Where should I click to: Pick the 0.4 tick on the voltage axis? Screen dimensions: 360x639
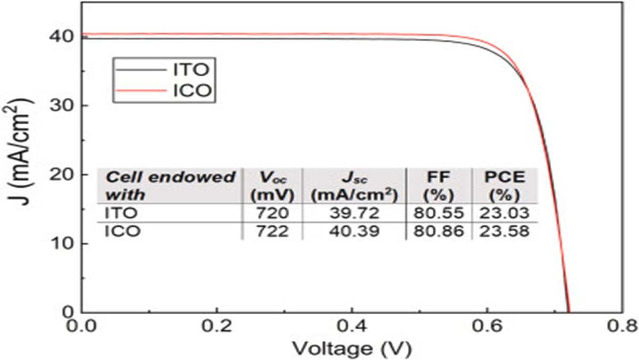click(x=352, y=325)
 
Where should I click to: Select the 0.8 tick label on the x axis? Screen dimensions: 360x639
click(x=621, y=325)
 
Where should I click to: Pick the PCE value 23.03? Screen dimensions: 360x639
click(x=505, y=213)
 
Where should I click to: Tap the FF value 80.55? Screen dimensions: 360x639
click(x=439, y=213)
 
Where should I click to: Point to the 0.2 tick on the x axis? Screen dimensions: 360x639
click(x=217, y=325)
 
